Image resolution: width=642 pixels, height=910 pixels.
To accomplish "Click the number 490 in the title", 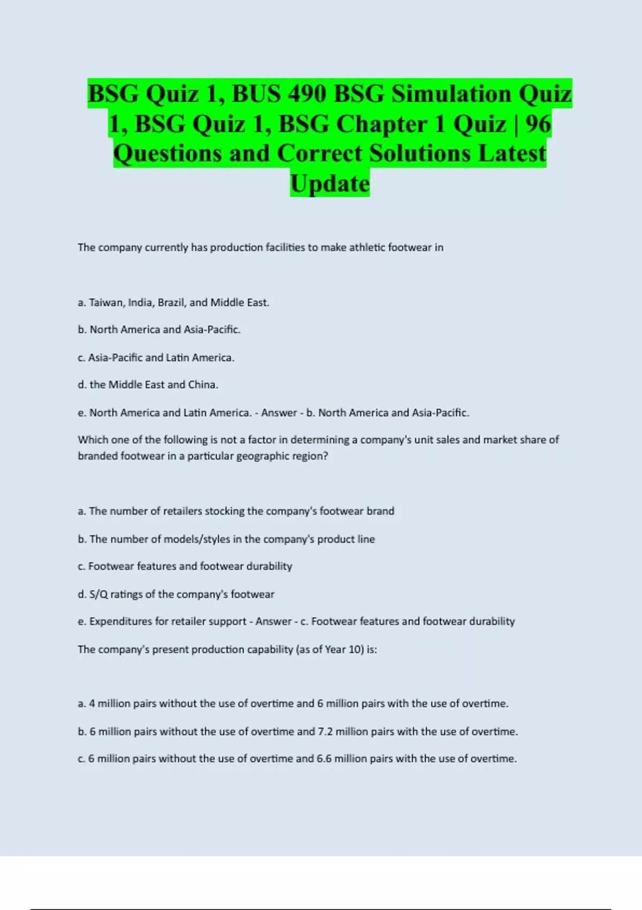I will click(x=307, y=94).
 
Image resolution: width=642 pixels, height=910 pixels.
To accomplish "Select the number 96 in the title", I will click(x=538, y=124).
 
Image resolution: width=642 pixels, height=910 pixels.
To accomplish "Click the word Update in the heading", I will click(x=330, y=184).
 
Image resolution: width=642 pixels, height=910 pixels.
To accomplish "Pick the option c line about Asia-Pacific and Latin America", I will click(x=156, y=358).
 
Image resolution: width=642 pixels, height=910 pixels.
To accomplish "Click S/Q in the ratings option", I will click(x=98, y=594).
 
